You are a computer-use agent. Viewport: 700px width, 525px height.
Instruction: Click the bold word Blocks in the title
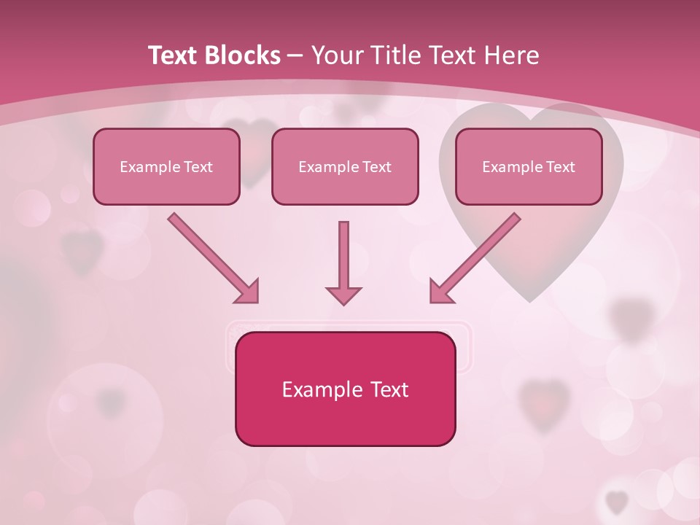click(x=244, y=55)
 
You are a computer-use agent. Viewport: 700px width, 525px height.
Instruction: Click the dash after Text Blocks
click(x=295, y=56)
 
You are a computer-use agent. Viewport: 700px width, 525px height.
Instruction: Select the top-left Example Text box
click(x=166, y=166)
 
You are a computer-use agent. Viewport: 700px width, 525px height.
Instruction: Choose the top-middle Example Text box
click(x=345, y=166)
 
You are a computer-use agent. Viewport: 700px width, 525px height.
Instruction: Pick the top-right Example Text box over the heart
click(x=529, y=166)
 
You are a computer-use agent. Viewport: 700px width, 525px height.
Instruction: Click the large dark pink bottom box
click(x=345, y=389)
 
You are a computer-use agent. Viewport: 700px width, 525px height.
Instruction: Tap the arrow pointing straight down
click(x=343, y=262)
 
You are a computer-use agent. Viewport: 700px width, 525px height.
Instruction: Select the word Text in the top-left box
click(x=198, y=167)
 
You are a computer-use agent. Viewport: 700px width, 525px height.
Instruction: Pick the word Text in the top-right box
click(x=560, y=167)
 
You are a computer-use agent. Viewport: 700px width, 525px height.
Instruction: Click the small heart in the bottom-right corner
click(x=617, y=502)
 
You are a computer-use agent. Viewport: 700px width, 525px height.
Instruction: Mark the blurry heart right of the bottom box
click(x=543, y=400)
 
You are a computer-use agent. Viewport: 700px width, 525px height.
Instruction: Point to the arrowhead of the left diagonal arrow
click(x=247, y=292)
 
